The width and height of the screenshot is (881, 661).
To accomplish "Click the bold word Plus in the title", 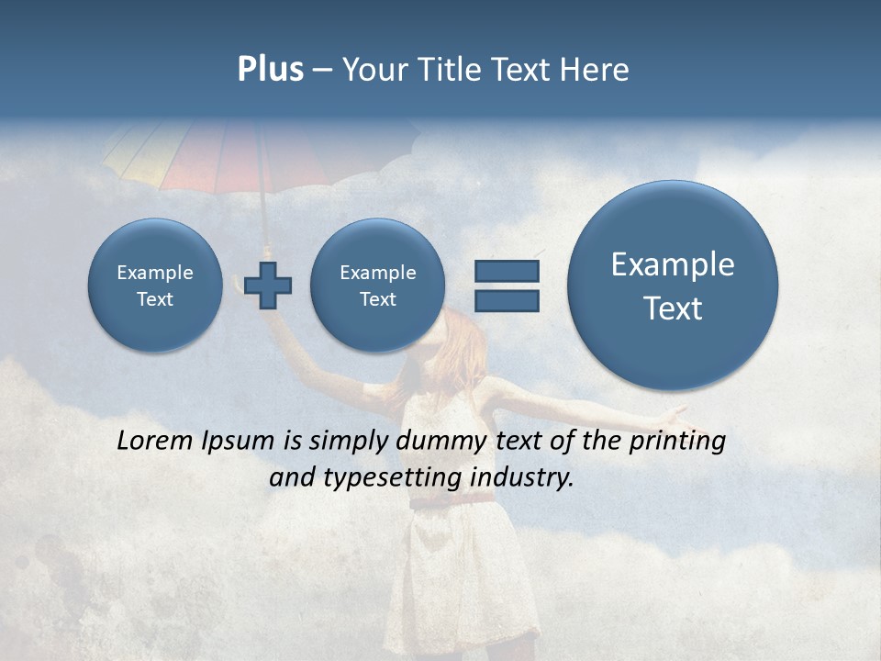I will coord(270,70).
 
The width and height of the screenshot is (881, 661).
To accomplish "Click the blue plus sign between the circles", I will coord(268,286).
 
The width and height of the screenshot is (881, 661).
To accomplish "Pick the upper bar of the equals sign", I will coord(507,271).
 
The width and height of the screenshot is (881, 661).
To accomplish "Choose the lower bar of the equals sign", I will coord(507,300).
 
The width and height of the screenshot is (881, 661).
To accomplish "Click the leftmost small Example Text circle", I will coord(155,286).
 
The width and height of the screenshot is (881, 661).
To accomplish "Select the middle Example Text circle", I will coord(378,286).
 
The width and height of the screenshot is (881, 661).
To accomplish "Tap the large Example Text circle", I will coord(673,286).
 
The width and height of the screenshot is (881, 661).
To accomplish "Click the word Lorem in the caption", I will coord(155,441).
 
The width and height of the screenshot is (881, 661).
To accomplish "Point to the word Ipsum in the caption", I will coord(238,442).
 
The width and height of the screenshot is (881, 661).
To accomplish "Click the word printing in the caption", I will coord(677,442).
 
